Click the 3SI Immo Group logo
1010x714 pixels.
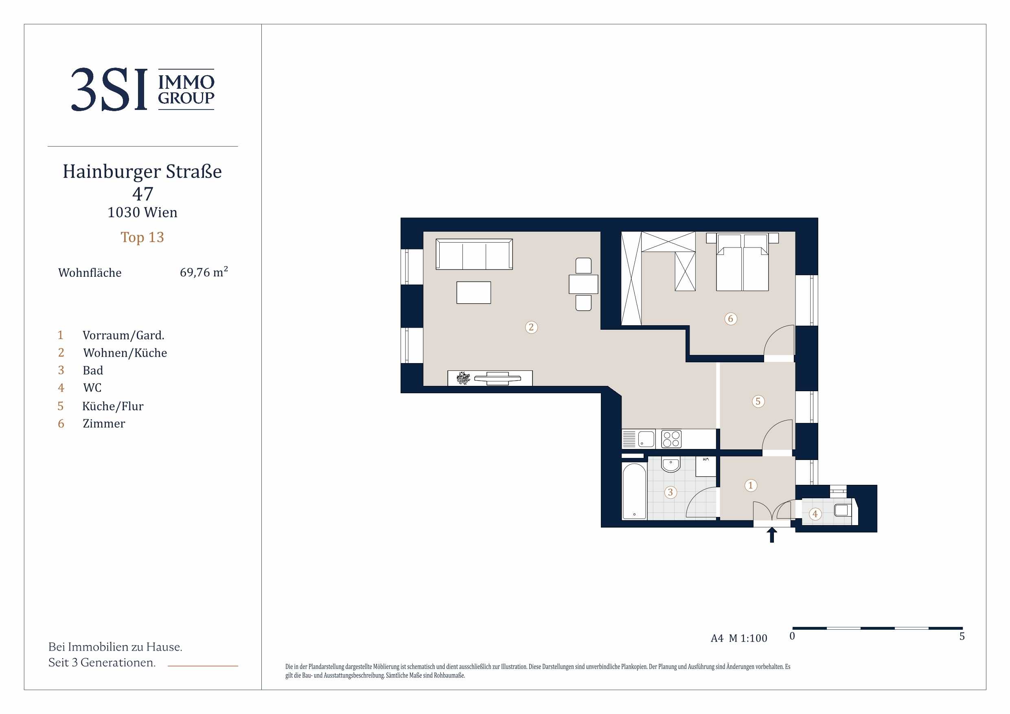coord(142,89)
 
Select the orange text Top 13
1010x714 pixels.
coord(142,237)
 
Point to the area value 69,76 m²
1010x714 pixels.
coord(204,272)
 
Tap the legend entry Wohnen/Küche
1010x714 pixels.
coord(125,353)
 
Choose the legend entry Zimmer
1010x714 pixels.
coord(104,424)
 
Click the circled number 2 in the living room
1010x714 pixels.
coord(531,327)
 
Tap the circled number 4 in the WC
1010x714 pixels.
coord(815,514)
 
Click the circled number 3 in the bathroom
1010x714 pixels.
coord(670,492)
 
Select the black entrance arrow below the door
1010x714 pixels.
coord(771,535)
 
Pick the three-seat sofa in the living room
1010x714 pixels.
coord(474,254)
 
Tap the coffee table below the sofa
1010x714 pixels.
coord(474,293)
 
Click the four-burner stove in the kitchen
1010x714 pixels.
coord(671,439)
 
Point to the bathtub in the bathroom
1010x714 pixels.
coord(634,491)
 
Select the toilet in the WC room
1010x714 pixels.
coord(843,510)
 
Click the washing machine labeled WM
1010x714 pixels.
coord(705,467)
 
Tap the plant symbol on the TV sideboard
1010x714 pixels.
coord(463,378)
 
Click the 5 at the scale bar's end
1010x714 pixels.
coord(962,637)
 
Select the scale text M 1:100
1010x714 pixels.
coord(748,638)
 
